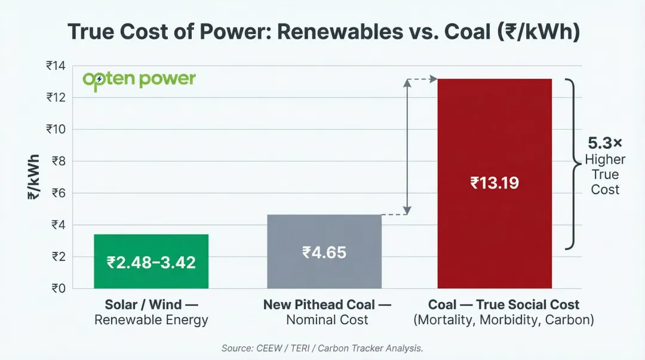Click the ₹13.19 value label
point(494,183)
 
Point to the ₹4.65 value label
point(324,252)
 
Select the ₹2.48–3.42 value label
point(150,262)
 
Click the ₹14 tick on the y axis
point(56,66)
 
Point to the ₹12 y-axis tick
point(56,97)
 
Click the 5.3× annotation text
point(605,143)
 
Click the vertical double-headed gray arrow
point(407,146)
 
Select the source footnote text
point(322,348)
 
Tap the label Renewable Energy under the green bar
point(151,320)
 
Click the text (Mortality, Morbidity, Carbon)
point(503,320)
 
